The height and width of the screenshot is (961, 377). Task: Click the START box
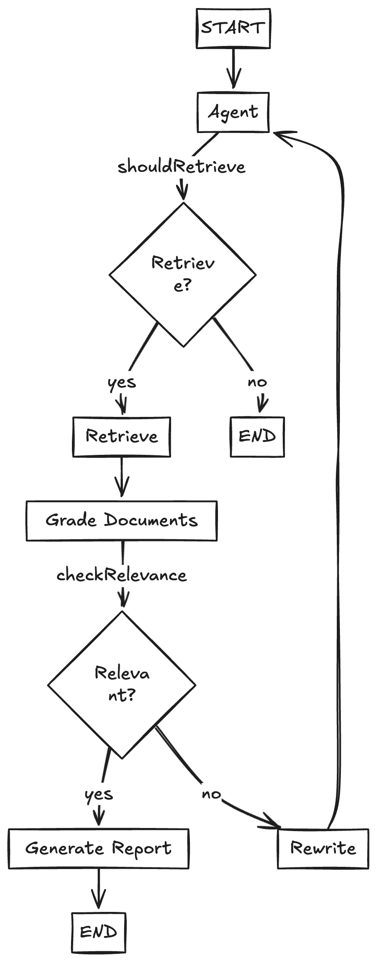click(233, 28)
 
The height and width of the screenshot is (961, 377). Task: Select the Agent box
click(233, 112)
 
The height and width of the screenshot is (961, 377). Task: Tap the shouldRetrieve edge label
click(181, 166)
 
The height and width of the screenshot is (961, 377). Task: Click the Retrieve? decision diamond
click(183, 274)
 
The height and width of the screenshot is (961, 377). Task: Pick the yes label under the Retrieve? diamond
click(121, 382)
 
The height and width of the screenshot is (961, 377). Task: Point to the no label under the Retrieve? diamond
click(257, 382)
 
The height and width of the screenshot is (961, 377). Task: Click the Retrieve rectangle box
click(121, 437)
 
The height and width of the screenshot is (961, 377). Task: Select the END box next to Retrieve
click(257, 437)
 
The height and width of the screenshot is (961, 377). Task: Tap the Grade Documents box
click(121, 520)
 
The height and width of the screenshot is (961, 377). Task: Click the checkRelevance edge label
click(121, 575)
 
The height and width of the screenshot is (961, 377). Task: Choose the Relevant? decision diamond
click(121, 684)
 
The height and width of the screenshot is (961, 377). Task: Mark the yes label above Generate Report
click(99, 794)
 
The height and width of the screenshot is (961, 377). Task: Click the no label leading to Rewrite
click(211, 794)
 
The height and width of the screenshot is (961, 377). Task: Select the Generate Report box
click(98, 849)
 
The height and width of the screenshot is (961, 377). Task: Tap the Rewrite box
click(323, 849)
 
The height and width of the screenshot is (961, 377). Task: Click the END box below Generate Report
click(99, 932)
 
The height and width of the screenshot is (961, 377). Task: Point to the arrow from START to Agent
click(233, 68)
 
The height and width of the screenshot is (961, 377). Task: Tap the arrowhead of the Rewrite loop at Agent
click(284, 135)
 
